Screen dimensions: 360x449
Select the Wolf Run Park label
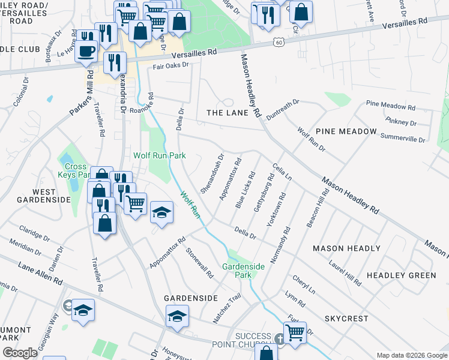click(x=159, y=155)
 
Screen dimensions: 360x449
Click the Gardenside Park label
click(x=243, y=270)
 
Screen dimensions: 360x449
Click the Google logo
click(x=20, y=353)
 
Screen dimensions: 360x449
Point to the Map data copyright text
click(x=411, y=355)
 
